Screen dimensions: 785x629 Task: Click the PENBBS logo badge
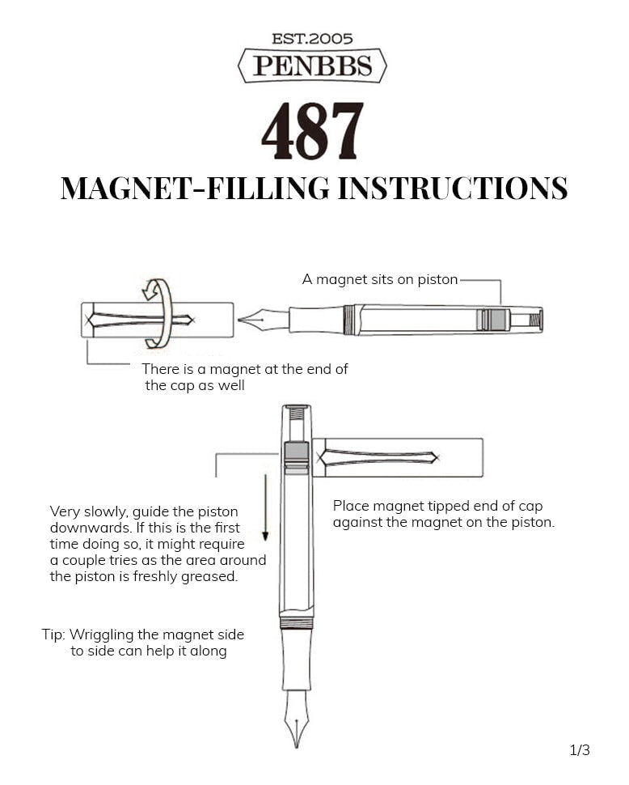(x=312, y=66)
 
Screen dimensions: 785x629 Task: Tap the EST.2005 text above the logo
(x=312, y=38)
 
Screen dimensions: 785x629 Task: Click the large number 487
(x=312, y=132)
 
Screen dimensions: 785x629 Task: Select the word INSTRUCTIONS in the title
(x=452, y=188)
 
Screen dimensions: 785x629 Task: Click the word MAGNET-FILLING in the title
(x=195, y=188)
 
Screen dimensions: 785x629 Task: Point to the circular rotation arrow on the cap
(x=158, y=312)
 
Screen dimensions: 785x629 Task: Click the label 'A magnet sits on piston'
(x=379, y=280)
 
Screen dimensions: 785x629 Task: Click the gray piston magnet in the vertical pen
(x=297, y=452)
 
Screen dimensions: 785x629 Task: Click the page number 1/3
(x=580, y=750)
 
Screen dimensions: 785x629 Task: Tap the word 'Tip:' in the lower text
(x=54, y=634)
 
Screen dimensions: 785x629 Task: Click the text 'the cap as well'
(x=194, y=385)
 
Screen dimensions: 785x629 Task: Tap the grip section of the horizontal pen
(x=315, y=320)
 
